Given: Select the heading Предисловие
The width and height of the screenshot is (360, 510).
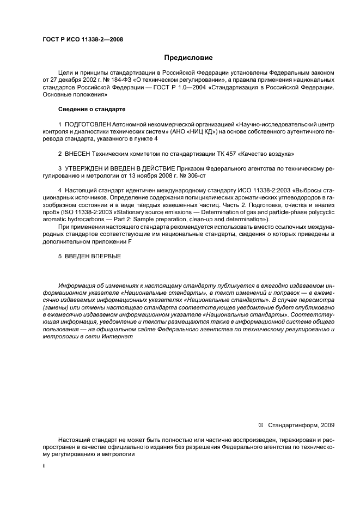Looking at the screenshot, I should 188,57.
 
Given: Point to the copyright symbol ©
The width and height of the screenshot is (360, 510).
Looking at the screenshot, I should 260,424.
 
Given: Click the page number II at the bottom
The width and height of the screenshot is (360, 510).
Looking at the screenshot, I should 45,466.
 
